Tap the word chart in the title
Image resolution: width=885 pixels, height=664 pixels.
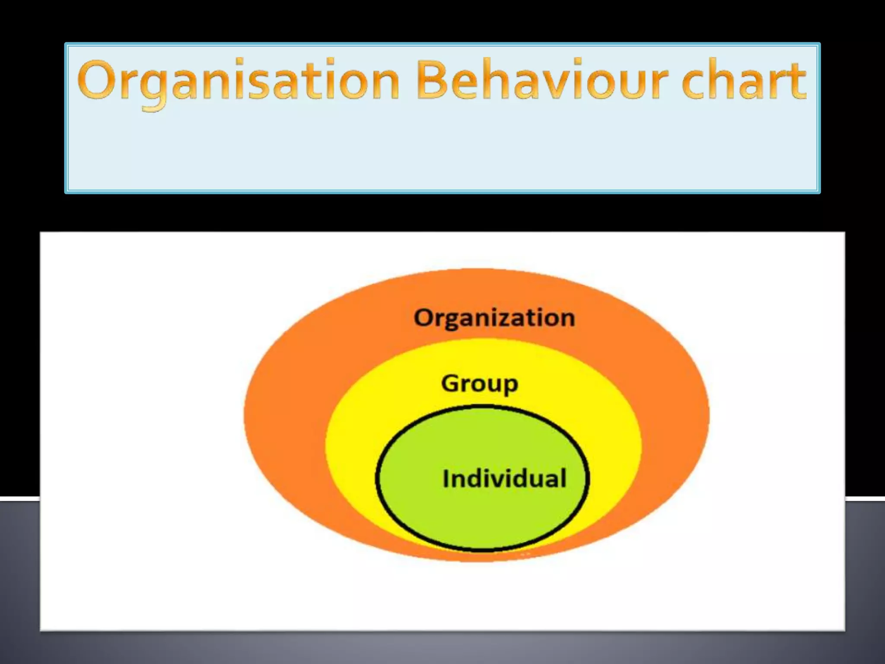click(x=744, y=80)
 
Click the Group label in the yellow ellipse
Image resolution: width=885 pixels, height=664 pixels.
click(x=480, y=384)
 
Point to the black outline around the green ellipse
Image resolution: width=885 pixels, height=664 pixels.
click(x=376, y=478)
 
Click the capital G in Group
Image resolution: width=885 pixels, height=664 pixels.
click(x=451, y=383)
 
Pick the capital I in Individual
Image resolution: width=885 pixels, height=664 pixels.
click(x=446, y=479)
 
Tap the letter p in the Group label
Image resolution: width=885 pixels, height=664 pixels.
click(x=510, y=386)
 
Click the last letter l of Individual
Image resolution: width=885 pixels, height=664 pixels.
click(x=563, y=478)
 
